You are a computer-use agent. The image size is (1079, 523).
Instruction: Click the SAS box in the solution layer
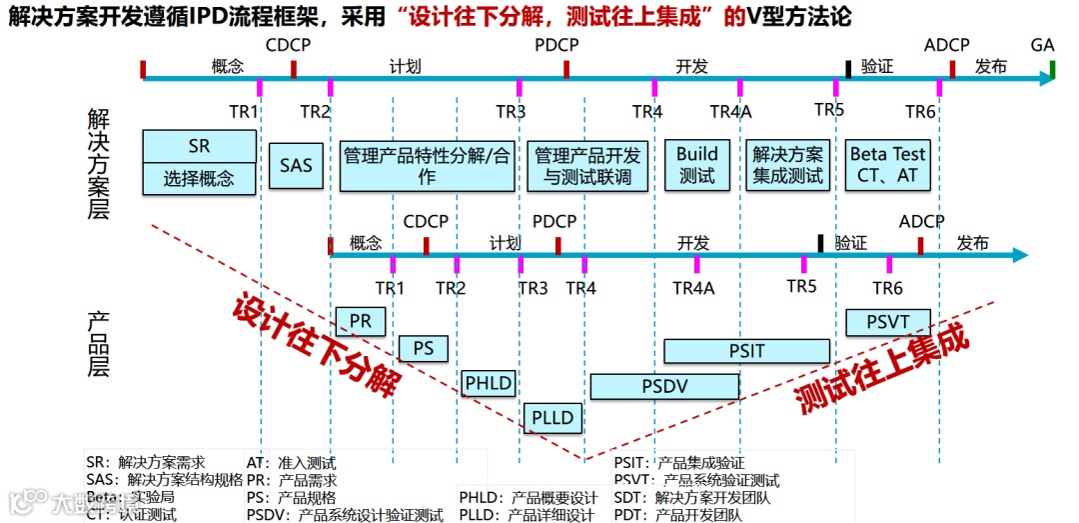(296, 165)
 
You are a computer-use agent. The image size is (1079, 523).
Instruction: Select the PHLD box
(489, 383)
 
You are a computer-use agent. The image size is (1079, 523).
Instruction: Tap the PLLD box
(552, 417)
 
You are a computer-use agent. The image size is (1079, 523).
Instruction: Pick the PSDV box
(664, 386)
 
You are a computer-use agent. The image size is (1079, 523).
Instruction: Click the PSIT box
(746, 351)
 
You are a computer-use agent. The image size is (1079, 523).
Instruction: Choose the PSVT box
(887, 322)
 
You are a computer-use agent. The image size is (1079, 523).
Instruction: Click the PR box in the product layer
(361, 321)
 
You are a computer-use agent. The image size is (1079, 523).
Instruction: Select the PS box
(424, 348)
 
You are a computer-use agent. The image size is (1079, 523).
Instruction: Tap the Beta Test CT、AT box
(888, 165)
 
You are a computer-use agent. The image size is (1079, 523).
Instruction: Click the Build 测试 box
(697, 165)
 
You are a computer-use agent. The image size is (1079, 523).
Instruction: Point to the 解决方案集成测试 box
(788, 165)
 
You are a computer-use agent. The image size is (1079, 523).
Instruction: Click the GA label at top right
(1042, 45)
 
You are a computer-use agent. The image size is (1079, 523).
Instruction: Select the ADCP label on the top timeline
(946, 45)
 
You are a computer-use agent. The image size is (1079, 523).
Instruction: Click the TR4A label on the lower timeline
(693, 288)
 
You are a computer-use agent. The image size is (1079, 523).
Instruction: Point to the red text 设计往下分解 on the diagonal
(316, 343)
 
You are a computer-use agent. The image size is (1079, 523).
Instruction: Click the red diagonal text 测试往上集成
(883, 368)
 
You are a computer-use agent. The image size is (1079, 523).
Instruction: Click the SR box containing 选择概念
(199, 162)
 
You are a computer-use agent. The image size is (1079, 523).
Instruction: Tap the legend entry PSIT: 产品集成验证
(679, 463)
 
